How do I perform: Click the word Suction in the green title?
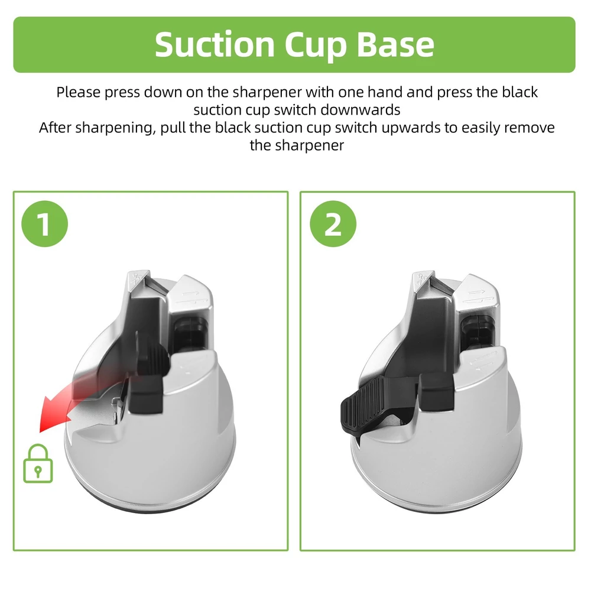pyautogui.click(x=215, y=44)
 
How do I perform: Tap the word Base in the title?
pyautogui.click(x=395, y=44)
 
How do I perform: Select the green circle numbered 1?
pyautogui.click(x=44, y=224)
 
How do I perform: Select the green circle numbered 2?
pyautogui.click(x=333, y=224)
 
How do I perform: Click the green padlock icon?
pyautogui.click(x=38, y=463)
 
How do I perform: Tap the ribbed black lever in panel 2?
pyautogui.click(x=362, y=405)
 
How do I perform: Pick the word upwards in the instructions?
pyautogui.click(x=411, y=128)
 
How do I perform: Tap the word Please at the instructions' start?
pyautogui.click(x=79, y=92)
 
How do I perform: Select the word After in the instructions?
pyautogui.click(x=55, y=128)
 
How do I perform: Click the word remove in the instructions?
pyautogui.click(x=529, y=128)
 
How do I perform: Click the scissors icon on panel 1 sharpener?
pyautogui.click(x=137, y=279)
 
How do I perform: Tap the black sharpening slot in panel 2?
pyautogui.click(x=477, y=332)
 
